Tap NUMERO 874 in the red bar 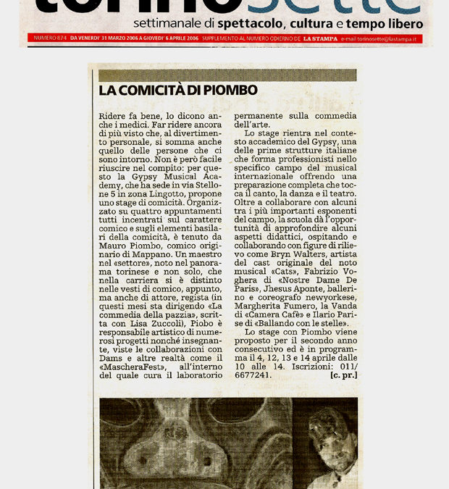point(45,37)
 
